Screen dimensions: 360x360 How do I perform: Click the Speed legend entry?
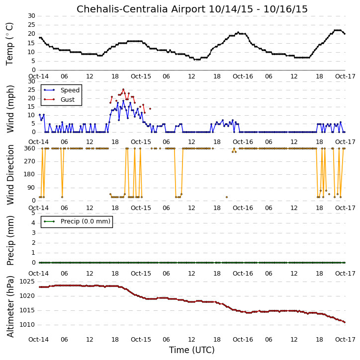pos(62,90)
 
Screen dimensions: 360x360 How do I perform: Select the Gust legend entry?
pos(59,99)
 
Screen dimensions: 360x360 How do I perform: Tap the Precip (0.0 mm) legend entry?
pos(77,221)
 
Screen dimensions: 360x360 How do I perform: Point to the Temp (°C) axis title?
pos(9,44)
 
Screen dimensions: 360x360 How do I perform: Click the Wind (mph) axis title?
pos(10,109)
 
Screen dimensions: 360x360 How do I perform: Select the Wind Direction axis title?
pos(10,174)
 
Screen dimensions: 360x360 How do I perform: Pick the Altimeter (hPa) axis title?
pos(10,306)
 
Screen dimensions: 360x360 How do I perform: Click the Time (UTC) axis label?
pos(192,350)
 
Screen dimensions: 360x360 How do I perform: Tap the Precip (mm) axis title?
pos(10,240)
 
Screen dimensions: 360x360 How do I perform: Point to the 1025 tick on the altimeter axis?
pos(27,282)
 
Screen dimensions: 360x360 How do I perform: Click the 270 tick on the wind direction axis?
pos(30,161)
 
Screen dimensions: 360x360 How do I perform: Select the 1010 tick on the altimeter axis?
pos(27,325)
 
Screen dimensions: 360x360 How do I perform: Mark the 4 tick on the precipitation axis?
pos(33,223)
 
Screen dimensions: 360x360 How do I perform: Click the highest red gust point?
pos(123,89)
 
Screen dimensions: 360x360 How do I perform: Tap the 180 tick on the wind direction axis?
pos(30,174)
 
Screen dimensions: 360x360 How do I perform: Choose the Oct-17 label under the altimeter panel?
pos(345,339)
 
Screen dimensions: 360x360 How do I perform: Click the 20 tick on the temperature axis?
pos(32,34)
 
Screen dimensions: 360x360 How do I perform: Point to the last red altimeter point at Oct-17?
pos(345,322)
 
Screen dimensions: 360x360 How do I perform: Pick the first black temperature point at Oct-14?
pos(40,38)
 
